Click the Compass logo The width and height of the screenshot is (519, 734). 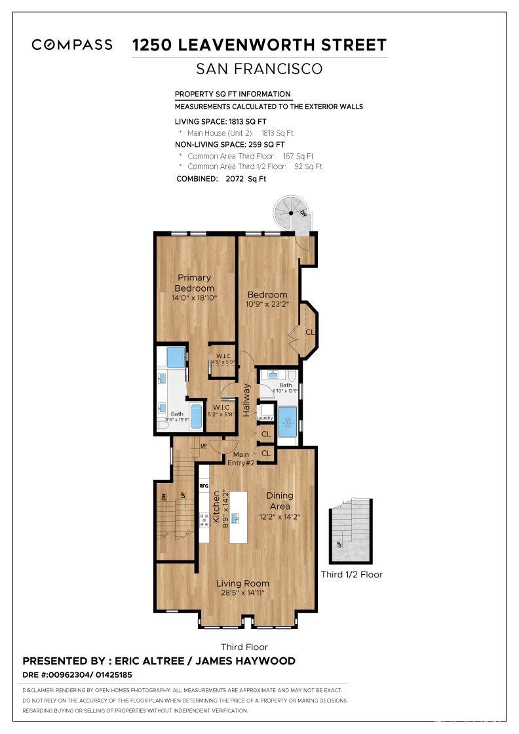point(72,45)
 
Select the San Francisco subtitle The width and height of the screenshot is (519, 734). point(259,69)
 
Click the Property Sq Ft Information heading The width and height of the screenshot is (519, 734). point(233,94)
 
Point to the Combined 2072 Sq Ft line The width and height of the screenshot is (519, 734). point(221,179)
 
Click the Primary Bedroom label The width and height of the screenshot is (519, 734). point(194,283)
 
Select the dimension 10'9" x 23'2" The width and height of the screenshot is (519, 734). point(267,304)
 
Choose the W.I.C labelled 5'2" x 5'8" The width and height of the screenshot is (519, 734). point(220,410)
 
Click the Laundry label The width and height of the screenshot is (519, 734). point(265,417)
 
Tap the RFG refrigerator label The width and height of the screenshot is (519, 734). point(204,486)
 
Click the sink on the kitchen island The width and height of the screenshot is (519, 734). point(234,518)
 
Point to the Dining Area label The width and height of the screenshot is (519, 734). point(280,501)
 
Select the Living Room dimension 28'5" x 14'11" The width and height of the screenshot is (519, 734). point(242,594)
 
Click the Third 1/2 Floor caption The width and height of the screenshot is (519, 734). point(351,575)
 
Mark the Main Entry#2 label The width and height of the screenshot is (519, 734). point(240,458)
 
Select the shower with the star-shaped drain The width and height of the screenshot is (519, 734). point(287,421)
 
